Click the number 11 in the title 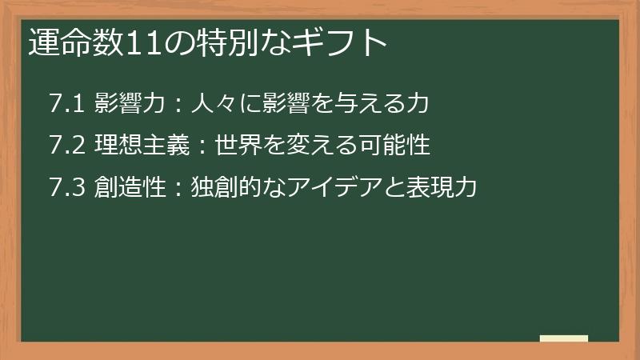(143, 43)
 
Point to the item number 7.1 (66, 103)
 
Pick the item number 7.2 (66, 146)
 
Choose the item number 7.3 (66, 188)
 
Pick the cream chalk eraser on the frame (563, 338)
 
